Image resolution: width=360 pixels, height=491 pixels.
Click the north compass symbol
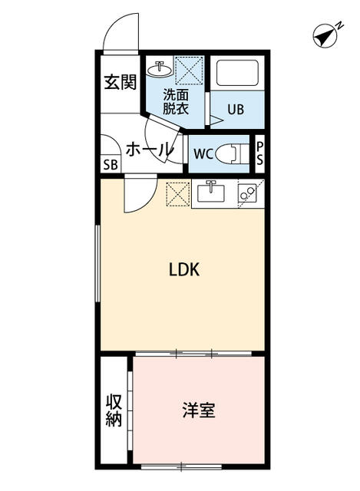(328, 35)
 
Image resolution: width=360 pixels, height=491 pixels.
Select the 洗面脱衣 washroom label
(176, 101)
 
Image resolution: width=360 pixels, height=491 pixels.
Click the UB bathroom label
(235, 109)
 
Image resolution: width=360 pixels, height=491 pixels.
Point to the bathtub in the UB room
(238, 74)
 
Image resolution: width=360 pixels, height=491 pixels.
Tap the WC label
(203, 153)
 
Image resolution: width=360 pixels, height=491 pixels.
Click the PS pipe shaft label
(259, 153)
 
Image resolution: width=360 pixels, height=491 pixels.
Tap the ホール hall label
(148, 149)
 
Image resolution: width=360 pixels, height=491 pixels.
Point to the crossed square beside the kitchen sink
(177, 193)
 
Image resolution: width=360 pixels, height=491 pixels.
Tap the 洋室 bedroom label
(198, 410)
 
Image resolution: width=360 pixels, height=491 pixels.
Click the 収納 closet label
(114, 410)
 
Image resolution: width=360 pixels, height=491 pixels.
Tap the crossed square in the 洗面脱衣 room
(188, 69)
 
